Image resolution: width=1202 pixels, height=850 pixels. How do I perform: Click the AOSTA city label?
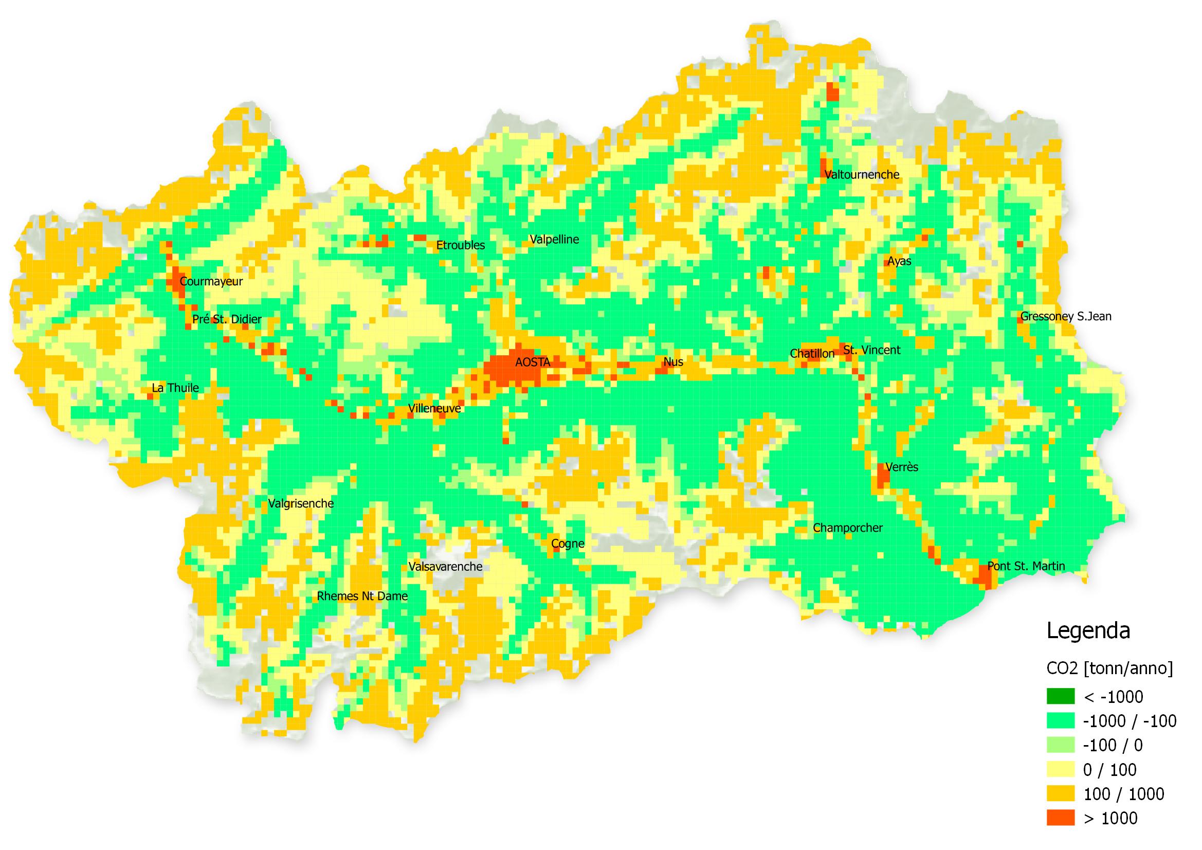533,363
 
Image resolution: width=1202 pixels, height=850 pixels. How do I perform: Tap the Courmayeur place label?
211,282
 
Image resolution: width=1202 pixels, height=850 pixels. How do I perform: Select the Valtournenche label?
862,175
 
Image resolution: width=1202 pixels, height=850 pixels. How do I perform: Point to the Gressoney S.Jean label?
1065,317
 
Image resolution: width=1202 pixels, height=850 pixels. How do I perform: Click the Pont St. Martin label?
1026,566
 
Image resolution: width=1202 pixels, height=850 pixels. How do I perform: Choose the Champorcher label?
848,529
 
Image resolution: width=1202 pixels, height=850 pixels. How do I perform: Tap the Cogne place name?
568,544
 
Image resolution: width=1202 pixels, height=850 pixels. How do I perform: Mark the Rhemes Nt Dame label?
362,596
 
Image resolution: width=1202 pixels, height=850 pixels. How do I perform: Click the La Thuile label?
175,388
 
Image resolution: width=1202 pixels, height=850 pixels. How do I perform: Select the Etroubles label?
460,246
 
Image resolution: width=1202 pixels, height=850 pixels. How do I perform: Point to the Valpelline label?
554,240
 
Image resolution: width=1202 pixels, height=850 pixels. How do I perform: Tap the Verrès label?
902,467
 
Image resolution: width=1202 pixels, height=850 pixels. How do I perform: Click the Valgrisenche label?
300,504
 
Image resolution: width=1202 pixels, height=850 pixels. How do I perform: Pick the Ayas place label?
899,261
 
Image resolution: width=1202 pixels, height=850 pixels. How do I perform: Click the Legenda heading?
1088,631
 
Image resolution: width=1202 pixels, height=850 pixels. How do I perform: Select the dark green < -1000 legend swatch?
1060,697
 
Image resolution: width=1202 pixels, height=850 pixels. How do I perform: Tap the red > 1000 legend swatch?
1060,818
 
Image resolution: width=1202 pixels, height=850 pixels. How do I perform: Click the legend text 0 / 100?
1109,770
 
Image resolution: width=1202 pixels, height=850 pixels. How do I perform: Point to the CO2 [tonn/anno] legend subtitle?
1109,668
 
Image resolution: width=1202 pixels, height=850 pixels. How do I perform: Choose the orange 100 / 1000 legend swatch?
1060,794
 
